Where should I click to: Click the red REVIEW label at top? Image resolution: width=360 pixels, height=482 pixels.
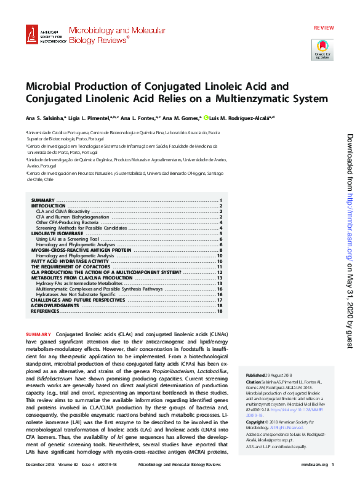pyautogui.click(x=324, y=12)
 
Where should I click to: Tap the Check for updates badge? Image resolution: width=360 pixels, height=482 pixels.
pyautogui.click(x=323, y=49)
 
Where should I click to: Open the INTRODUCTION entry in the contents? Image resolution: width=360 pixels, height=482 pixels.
pyautogui.click(x=49, y=206)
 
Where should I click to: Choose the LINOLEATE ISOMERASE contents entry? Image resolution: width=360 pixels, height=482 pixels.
pyautogui.click(x=57, y=235)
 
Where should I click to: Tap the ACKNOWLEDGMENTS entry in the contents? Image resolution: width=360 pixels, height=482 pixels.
pyautogui.click(x=55, y=305)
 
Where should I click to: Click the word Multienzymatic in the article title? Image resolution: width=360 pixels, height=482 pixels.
pyautogui.click(x=258, y=98)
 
